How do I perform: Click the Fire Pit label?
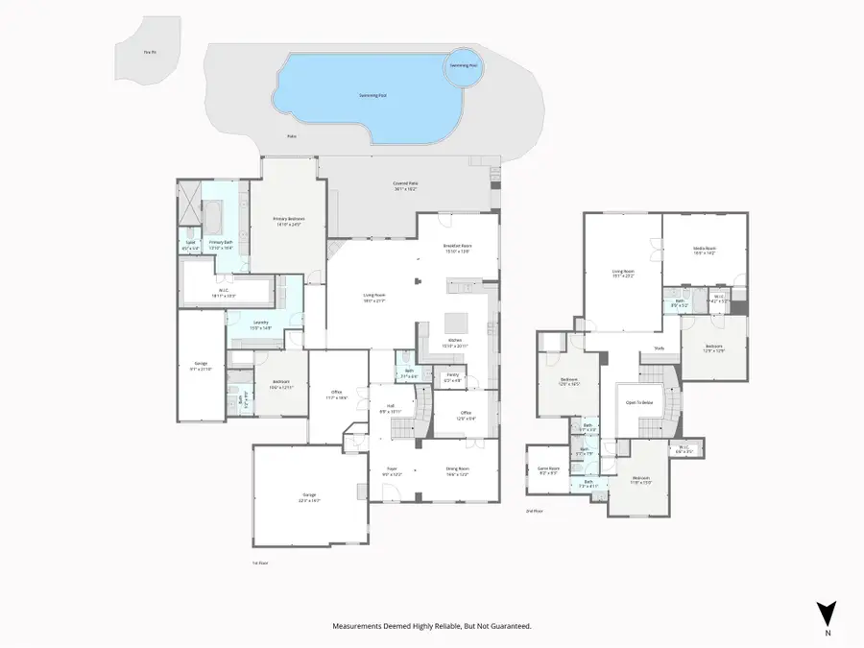(149, 52)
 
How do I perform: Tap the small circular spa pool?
(465, 67)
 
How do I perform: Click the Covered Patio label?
(406, 183)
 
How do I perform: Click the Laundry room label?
(261, 323)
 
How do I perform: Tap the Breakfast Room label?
(457, 246)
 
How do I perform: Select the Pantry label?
(452, 374)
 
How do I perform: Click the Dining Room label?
(457, 468)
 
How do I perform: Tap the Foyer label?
(392, 468)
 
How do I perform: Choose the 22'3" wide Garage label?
(309, 495)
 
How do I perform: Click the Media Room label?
(706, 248)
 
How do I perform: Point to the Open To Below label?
(640, 403)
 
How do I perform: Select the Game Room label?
(548, 468)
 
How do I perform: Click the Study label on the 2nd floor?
(659, 348)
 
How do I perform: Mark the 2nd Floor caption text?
(535, 511)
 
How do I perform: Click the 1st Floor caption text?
(259, 563)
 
